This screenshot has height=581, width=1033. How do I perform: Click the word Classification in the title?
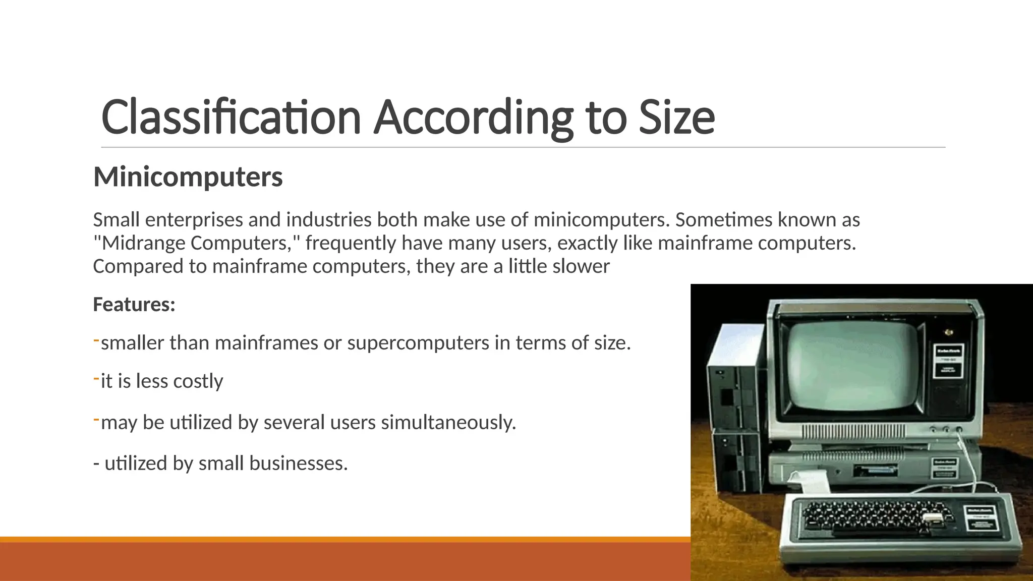point(231,117)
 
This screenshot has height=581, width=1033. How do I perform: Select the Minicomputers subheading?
point(188,177)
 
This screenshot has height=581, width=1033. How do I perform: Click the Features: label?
point(134,305)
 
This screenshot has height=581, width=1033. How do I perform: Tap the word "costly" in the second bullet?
point(198,381)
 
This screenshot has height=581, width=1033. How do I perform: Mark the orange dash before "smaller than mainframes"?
point(96,341)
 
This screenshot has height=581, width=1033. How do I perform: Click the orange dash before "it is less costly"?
point(96,379)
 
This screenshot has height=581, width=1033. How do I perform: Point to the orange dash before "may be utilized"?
point(96,420)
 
